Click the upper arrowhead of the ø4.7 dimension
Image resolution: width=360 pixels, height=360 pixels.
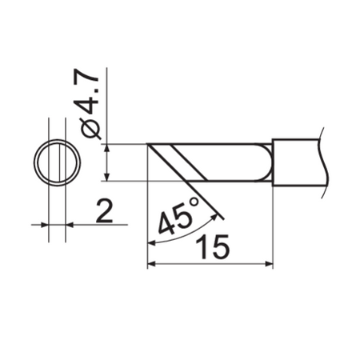point(106,149)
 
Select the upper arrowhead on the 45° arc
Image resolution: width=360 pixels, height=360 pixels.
point(215,214)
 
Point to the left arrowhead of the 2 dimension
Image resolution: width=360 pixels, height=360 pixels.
point(43,226)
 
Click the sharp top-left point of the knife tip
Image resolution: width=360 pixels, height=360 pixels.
point(150,145)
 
